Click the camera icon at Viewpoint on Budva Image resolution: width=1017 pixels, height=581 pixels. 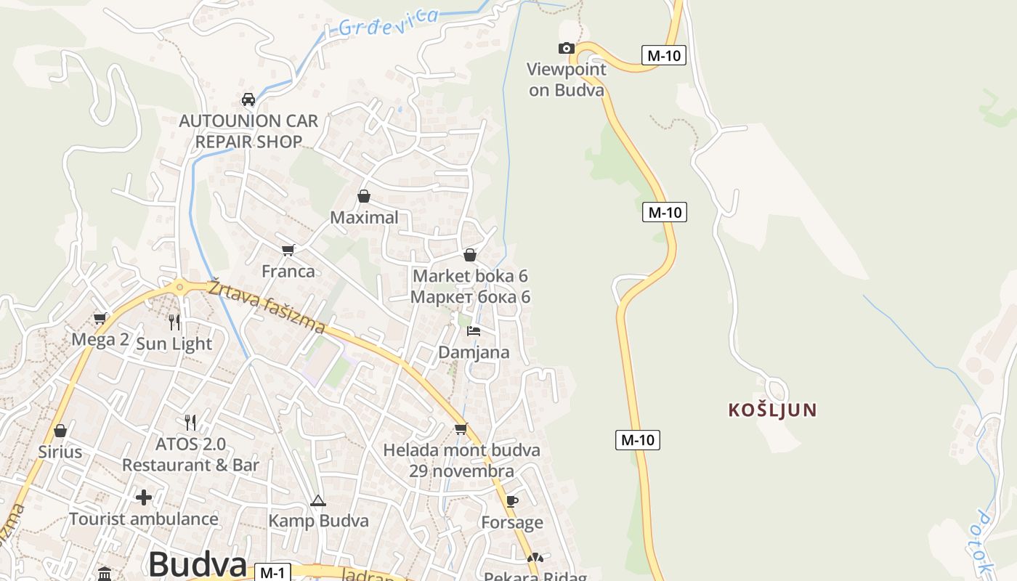point(566,49)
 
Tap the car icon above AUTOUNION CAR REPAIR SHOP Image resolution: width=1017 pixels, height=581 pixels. point(248,99)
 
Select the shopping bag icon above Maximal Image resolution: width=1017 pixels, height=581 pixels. point(364,196)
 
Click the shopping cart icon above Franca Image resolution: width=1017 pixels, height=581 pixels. point(288,251)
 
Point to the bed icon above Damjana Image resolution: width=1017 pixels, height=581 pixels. point(474,331)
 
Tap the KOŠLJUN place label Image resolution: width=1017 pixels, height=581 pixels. point(772,410)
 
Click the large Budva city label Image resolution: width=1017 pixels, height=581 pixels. point(198,564)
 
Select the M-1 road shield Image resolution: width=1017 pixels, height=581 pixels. point(272,572)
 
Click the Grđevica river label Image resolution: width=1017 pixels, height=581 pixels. point(389,23)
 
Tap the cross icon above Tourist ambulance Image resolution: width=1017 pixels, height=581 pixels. point(144,497)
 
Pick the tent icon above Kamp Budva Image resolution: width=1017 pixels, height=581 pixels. point(317,500)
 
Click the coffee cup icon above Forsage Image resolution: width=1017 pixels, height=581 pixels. point(511,501)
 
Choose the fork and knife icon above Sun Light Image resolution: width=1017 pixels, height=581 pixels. point(174,322)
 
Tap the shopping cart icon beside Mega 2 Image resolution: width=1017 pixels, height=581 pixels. point(100,318)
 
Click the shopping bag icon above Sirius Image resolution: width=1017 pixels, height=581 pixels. point(60,431)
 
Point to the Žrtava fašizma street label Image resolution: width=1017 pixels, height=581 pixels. point(266,307)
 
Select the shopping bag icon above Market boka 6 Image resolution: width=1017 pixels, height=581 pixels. point(470,255)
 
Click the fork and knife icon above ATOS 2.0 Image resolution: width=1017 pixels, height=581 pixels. point(190,422)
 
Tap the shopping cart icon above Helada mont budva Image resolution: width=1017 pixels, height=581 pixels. point(461,428)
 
